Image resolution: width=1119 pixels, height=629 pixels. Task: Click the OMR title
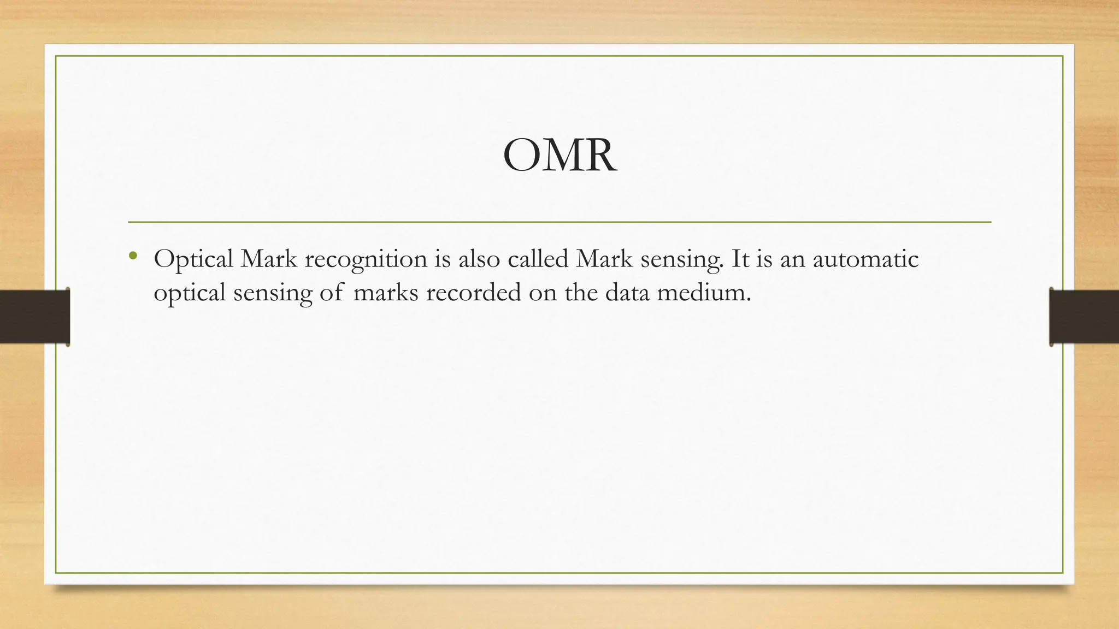coord(559,156)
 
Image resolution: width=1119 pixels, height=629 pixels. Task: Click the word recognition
coord(366,259)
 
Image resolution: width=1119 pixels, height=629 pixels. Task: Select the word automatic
coord(865,259)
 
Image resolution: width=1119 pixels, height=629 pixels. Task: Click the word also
coord(479,259)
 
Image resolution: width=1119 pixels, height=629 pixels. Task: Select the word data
coord(627,293)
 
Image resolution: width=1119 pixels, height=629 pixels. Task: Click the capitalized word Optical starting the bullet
coord(193,259)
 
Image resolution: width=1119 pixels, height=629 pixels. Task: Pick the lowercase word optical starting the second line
coord(189,294)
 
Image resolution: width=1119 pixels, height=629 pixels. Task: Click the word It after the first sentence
coord(740,259)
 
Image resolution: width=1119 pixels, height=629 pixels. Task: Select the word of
coord(332,293)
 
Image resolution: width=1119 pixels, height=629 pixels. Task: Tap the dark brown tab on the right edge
coord(1084,317)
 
